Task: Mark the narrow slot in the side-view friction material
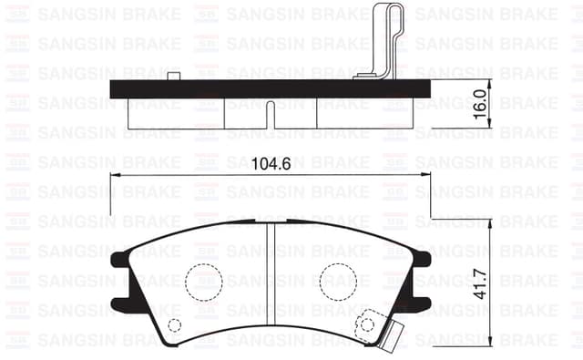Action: [271, 116]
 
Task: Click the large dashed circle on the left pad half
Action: [205, 281]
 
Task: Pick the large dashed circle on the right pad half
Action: [337, 281]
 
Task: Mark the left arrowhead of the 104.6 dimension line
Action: [115, 176]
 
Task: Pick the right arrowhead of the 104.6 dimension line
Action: [427, 176]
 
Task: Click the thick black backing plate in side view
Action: [271, 89]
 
